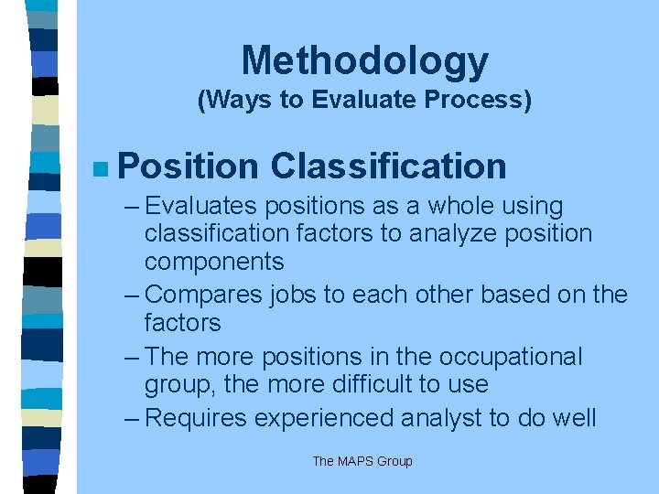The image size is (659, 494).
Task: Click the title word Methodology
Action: (364, 62)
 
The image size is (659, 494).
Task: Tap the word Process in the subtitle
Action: (482, 100)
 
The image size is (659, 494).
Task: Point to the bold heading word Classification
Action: (388, 166)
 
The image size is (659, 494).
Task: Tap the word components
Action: (214, 263)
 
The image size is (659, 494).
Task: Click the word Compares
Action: (202, 295)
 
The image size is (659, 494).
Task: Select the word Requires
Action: (196, 418)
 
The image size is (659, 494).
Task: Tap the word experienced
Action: (325, 418)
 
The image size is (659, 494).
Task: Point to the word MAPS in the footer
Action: (357, 461)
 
